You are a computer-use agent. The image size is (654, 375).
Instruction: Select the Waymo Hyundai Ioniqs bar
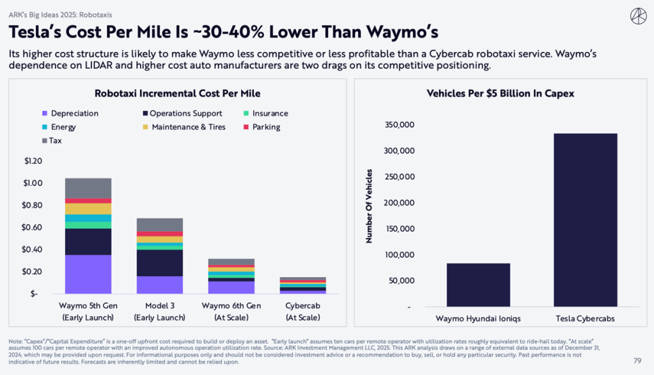tap(478, 285)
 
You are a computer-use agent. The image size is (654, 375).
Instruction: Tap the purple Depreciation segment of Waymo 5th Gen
tap(88, 274)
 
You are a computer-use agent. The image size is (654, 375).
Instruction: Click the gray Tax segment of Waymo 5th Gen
tap(88, 188)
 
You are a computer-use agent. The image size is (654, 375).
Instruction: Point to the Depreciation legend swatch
tap(44, 113)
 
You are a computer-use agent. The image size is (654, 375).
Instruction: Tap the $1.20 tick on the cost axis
tap(32, 161)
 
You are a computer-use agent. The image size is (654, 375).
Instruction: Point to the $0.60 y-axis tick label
tap(32, 227)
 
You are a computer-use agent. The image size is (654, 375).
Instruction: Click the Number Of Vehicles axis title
tap(369, 206)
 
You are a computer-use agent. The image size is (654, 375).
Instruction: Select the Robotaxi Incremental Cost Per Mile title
tap(177, 93)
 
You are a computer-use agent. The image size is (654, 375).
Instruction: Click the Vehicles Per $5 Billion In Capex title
tap(500, 93)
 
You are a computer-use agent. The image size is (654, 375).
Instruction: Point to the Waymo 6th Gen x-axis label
tap(231, 305)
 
